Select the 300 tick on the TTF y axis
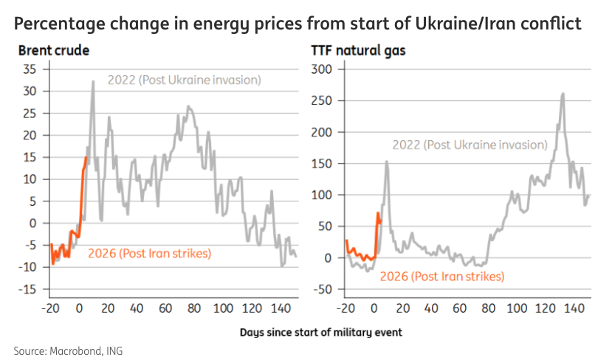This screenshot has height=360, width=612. tap(324, 69)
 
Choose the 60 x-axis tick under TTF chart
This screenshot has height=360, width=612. tap(459, 308)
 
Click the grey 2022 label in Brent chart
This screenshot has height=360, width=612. tap(185, 80)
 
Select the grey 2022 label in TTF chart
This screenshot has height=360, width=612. tap(470, 145)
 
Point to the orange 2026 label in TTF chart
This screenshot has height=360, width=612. tap(442, 277)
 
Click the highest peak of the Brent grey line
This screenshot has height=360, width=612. tap(93, 81)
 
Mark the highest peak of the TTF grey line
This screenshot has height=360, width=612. tap(563, 94)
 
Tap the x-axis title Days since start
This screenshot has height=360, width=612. tap(321, 332)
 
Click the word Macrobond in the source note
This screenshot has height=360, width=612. tap(71, 349)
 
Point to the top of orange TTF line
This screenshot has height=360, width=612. tap(378, 213)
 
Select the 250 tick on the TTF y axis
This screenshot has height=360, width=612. tap(324, 101)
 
